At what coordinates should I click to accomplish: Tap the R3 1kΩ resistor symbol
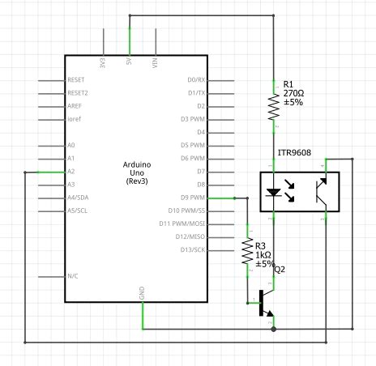(247, 253)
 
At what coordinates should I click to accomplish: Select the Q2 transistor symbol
(263, 304)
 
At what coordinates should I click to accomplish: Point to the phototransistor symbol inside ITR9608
(321, 193)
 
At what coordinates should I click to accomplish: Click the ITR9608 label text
(295, 151)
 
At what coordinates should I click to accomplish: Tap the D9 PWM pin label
(193, 198)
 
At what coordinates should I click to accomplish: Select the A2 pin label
(71, 172)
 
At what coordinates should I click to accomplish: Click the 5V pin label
(130, 62)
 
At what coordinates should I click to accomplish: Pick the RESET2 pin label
(78, 93)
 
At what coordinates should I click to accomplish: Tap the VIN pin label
(155, 62)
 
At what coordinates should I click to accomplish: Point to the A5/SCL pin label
(78, 211)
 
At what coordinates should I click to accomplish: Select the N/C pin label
(73, 275)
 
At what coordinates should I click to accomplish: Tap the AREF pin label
(75, 106)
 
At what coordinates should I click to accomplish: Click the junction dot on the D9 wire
(234, 198)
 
